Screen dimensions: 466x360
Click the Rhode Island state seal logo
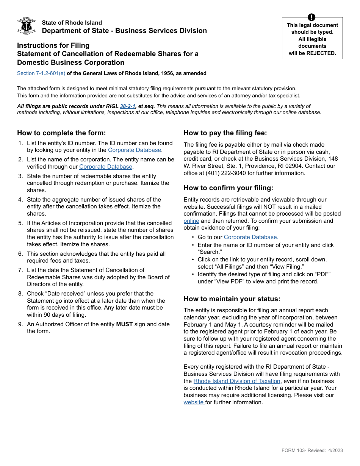pos(27,26)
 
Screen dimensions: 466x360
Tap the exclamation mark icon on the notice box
pos(311,17)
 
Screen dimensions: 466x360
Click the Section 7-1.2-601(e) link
pos(41,73)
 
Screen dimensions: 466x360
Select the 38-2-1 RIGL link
pos(128,106)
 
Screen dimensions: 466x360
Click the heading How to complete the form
pos(61,133)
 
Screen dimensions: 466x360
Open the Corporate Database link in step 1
pos(135,150)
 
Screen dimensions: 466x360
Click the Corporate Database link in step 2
pos(106,167)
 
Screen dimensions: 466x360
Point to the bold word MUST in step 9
pos(124,324)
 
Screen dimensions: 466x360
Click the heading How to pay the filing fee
pos(225,133)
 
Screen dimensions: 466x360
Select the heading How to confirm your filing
pos(228,188)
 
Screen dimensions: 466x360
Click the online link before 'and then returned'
pos(191,221)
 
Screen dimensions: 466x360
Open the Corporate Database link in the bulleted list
pos(251,237)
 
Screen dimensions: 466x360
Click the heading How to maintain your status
pos(232,299)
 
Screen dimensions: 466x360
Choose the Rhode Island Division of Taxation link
pos(237,381)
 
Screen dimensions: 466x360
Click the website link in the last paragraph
pos(194,402)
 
